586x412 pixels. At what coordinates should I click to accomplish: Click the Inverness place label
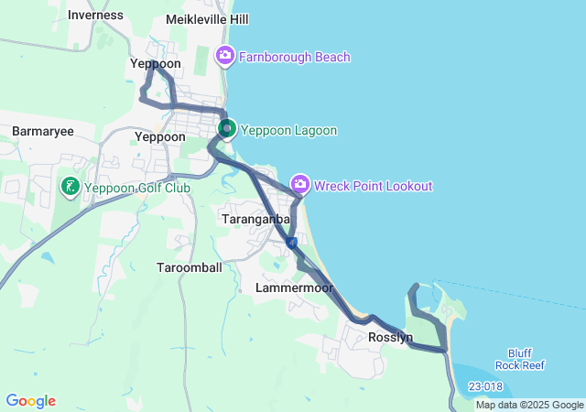pyautogui.click(x=94, y=15)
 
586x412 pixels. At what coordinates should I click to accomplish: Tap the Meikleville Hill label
pyautogui.click(x=208, y=19)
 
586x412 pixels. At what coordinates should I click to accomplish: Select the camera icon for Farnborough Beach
pyautogui.click(x=225, y=57)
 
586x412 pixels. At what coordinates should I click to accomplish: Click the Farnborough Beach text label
pyautogui.click(x=295, y=57)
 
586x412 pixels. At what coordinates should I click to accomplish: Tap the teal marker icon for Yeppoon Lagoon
pyautogui.click(x=226, y=129)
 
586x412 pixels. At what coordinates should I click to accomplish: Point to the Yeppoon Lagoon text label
pyautogui.click(x=288, y=130)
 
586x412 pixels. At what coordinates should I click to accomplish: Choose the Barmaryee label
pyautogui.click(x=42, y=132)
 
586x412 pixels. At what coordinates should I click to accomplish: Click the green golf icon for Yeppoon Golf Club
pyautogui.click(x=69, y=188)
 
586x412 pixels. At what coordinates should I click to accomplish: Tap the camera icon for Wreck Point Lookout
pyautogui.click(x=299, y=185)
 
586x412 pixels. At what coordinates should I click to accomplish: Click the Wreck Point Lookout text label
pyautogui.click(x=373, y=186)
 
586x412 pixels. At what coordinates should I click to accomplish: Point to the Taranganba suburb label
pyautogui.click(x=256, y=220)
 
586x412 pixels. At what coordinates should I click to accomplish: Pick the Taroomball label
pyautogui.click(x=190, y=267)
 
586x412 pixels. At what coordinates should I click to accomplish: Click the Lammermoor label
pyautogui.click(x=286, y=287)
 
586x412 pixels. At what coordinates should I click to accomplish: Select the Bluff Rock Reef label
pyautogui.click(x=526, y=359)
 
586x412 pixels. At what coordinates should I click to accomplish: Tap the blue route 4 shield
pyautogui.click(x=290, y=244)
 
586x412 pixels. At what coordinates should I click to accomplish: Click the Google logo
pyautogui.click(x=30, y=401)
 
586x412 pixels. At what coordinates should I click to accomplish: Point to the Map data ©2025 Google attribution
pyautogui.click(x=529, y=405)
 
